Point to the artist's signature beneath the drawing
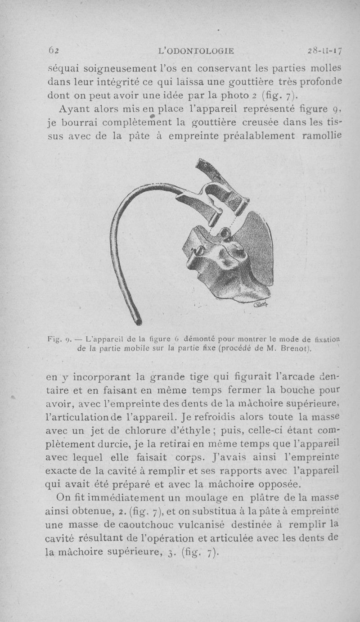pos(261,306)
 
